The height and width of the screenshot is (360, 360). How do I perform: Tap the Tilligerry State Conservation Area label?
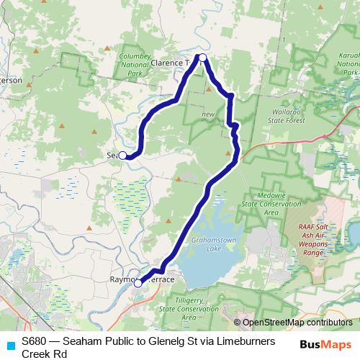[179, 307]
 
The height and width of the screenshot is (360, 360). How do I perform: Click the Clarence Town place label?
[171, 63]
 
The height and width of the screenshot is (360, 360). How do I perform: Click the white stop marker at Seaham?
[123, 155]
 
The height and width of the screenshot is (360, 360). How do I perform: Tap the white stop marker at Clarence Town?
[203, 58]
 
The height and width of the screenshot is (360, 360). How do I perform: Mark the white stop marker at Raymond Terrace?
[138, 283]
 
